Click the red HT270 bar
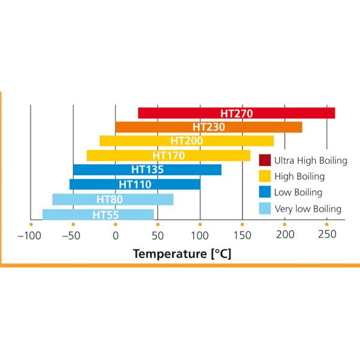(236, 113)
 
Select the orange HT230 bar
(208, 127)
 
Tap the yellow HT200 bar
(187, 141)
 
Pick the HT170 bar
(168, 155)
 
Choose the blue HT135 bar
(147, 170)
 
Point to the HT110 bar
(134, 184)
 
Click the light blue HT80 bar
(112, 199)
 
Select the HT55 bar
(98, 214)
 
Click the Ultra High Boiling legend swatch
(264, 160)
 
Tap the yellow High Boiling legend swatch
(264, 176)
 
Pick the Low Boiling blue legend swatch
(264, 193)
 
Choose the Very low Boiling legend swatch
(264, 209)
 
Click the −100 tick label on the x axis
(31, 236)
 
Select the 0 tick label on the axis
(115, 236)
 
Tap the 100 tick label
(200, 236)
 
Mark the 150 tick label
(242, 236)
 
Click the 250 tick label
(327, 236)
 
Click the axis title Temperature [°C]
(182, 254)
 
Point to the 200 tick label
(284, 236)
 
